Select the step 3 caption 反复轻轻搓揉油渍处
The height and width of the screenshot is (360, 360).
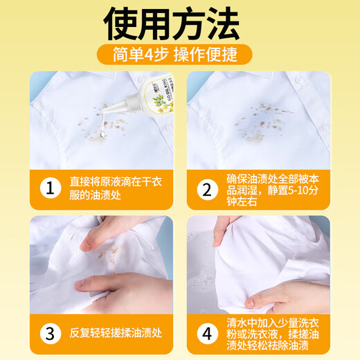pos(114,333)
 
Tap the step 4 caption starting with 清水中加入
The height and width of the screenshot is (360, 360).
pos(273,333)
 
